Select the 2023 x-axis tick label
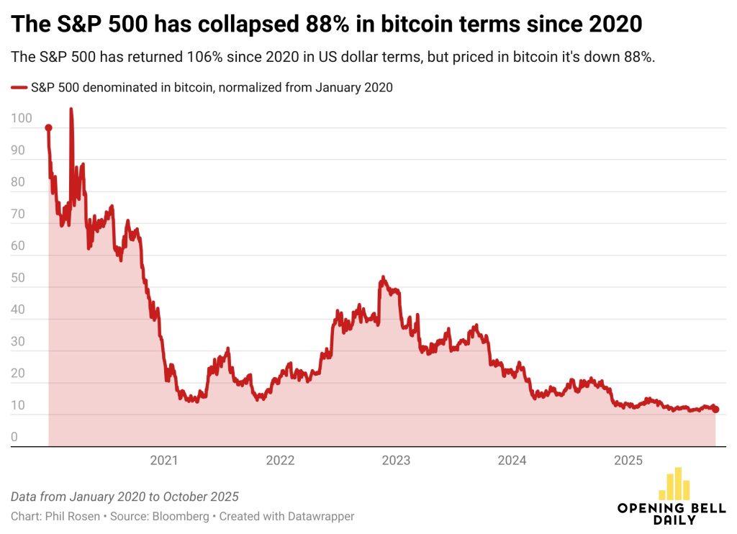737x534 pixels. (396, 461)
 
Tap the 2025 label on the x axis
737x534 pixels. (628, 461)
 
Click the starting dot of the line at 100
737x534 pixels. (48, 128)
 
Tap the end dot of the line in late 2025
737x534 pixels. (715, 409)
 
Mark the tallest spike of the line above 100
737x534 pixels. (71, 110)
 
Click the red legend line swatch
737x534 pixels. (19, 88)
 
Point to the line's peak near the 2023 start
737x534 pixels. (383, 277)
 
